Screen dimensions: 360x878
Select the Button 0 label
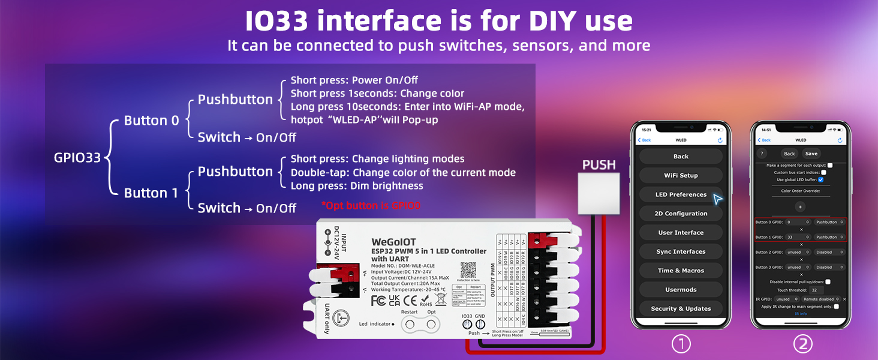(x=151, y=121)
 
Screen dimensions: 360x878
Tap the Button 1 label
(x=151, y=193)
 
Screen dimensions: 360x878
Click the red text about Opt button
(x=371, y=205)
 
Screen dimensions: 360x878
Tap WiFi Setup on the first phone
(x=681, y=175)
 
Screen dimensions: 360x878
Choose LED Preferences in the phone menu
(x=681, y=194)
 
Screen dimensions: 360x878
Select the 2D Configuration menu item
(x=681, y=214)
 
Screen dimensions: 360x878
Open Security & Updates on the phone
(x=681, y=308)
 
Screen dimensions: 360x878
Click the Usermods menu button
(x=681, y=290)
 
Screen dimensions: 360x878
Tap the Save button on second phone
(x=811, y=154)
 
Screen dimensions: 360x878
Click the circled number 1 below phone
(x=681, y=344)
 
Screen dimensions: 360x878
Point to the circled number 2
(x=802, y=344)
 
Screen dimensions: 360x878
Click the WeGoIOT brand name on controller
(x=393, y=242)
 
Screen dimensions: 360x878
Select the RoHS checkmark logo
(x=425, y=301)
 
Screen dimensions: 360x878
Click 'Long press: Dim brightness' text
(x=357, y=186)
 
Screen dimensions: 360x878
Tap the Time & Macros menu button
(x=681, y=271)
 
